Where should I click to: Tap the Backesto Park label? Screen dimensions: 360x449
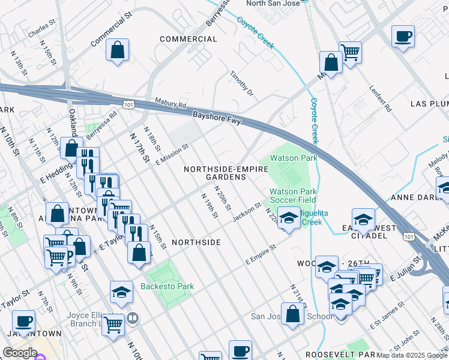(x=167, y=286)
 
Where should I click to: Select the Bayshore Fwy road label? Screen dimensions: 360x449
(x=217, y=117)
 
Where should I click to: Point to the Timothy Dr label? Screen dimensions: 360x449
(x=243, y=84)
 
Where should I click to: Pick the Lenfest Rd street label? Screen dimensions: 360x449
(x=381, y=100)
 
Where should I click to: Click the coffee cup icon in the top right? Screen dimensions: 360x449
(x=403, y=35)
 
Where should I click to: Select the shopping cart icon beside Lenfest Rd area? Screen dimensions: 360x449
(x=349, y=52)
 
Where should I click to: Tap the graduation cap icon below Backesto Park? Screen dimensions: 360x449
(x=121, y=292)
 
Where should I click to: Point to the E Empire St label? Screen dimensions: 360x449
(x=260, y=255)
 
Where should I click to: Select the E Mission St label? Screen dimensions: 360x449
(x=172, y=154)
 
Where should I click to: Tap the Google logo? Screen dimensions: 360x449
(x=20, y=353)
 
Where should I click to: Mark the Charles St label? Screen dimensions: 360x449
(x=41, y=29)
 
